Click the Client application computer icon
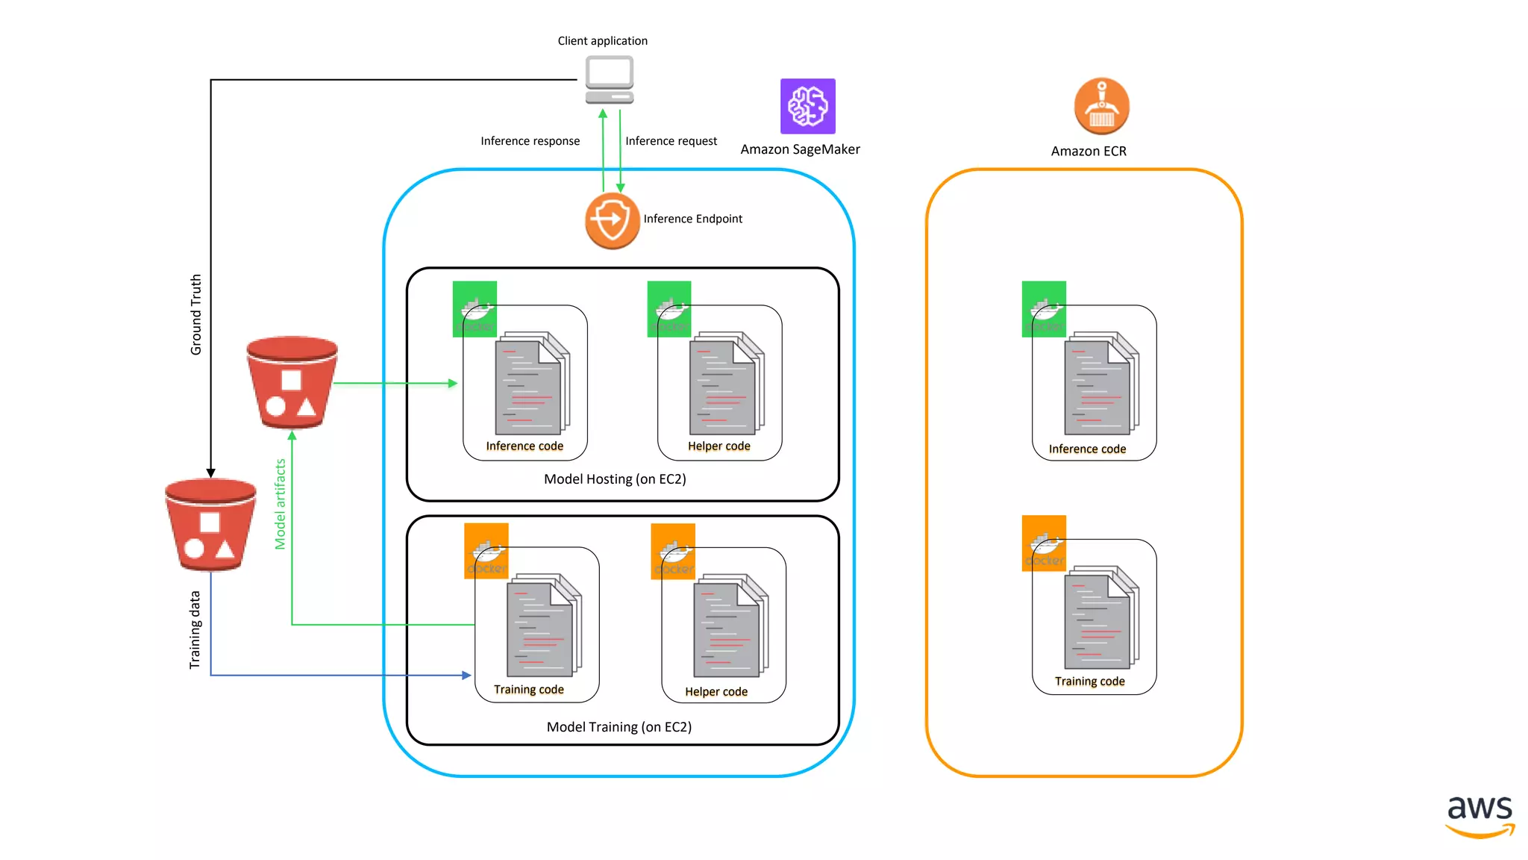(x=609, y=81)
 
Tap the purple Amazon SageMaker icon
(x=807, y=106)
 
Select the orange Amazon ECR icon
(x=1101, y=106)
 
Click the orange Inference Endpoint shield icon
(x=612, y=221)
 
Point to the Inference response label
(x=530, y=141)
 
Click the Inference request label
(x=671, y=141)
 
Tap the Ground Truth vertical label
(x=196, y=314)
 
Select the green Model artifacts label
(x=281, y=504)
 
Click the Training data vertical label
(x=195, y=629)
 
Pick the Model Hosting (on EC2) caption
(x=615, y=479)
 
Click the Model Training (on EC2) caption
(x=619, y=727)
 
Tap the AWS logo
(x=1480, y=815)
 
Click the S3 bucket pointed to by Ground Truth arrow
(x=210, y=525)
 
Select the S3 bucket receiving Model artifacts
(x=292, y=382)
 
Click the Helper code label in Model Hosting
(x=718, y=446)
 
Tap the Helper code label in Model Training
(x=716, y=692)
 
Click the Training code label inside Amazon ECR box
(x=1089, y=682)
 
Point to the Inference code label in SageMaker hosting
(x=525, y=446)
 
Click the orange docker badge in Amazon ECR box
(x=1043, y=542)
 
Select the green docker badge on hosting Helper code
(x=668, y=308)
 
